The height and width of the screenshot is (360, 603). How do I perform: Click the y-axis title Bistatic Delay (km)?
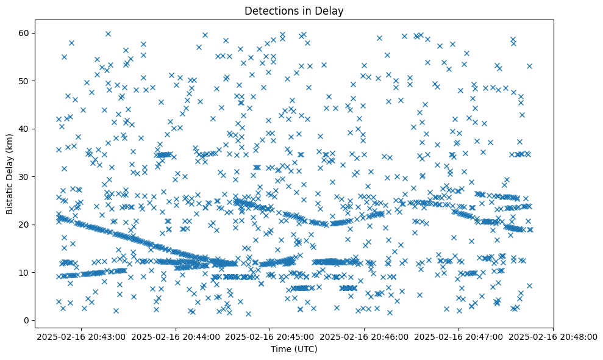click(10, 173)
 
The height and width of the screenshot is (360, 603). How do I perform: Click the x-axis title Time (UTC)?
click(294, 350)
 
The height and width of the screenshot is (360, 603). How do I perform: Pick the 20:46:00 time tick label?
click(364, 336)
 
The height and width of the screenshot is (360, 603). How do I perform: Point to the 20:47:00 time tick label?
click(458, 336)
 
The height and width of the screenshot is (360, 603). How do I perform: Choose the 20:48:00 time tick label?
click(553, 336)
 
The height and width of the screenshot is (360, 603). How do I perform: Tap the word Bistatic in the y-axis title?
click(10, 195)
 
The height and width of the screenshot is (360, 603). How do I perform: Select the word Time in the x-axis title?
click(281, 350)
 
